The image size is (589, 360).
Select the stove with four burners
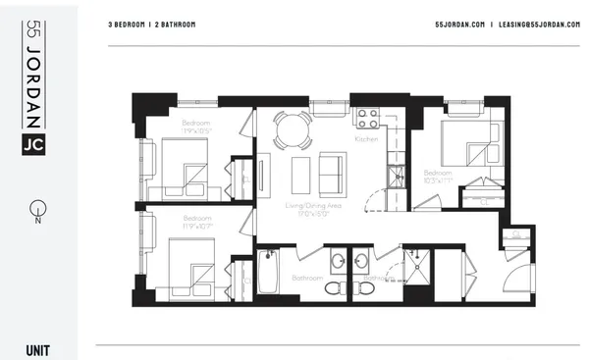[367, 119]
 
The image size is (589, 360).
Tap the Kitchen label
[366, 140]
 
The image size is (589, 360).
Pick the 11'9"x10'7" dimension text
[196, 225]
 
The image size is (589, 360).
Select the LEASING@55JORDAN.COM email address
[534, 24]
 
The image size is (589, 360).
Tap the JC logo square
[33, 143]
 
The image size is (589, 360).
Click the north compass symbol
[36, 210]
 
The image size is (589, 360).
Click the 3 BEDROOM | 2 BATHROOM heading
[151, 24]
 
